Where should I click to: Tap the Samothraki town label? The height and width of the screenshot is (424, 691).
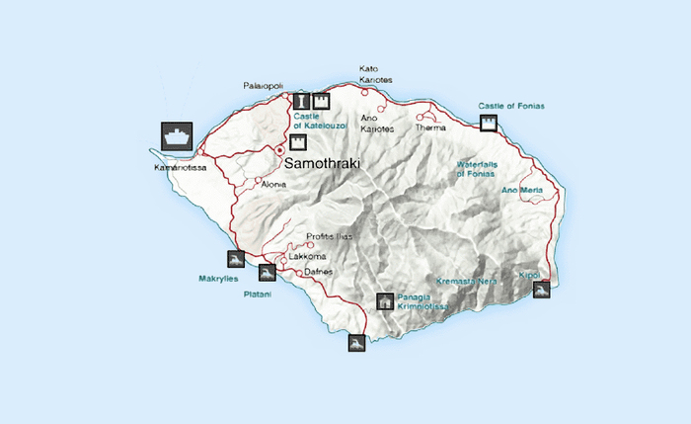323,162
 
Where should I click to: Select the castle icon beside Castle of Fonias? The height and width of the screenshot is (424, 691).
488,123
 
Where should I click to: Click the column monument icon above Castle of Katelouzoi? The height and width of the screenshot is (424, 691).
303,100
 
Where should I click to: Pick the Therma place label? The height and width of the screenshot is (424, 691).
431,128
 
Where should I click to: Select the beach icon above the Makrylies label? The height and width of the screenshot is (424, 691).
235,260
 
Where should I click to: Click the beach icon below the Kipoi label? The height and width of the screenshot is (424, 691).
540,289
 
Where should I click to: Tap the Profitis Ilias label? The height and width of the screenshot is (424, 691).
329,237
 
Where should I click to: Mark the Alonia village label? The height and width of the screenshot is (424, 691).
273,185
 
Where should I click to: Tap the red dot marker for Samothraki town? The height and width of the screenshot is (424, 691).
278,150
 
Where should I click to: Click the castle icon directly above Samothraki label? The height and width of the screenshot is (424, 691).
298,141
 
